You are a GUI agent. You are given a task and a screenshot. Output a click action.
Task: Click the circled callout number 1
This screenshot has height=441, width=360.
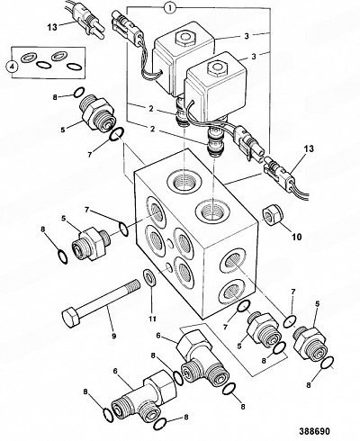pos(170,8)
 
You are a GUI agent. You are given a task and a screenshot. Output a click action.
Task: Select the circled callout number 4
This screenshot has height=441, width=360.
pos(13,67)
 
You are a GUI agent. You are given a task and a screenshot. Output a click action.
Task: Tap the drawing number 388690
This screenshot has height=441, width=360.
pos(314,431)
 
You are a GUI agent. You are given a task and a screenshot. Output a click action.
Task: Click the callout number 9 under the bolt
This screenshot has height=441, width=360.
pos(113,336)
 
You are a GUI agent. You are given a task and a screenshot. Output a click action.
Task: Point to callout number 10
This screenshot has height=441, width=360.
pos(296,237)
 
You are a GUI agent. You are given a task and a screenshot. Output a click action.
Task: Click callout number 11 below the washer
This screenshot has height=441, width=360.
pos(152,319)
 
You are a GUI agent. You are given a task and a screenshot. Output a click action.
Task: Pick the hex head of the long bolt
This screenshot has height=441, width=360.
pos(71,319)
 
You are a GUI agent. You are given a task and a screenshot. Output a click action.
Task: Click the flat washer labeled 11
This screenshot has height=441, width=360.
pos(149,278)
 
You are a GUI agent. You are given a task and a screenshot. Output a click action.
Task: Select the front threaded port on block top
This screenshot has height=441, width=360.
pos(213,213)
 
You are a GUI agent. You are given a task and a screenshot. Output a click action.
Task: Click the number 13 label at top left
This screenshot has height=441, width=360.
pos(52,27)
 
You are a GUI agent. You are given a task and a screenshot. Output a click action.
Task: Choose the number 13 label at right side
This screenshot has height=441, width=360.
pos(310,148)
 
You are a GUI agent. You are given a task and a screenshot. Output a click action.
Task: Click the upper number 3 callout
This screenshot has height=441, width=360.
pos(247,36)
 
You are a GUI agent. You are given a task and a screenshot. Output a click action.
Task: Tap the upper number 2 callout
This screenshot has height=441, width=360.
pos(152,109)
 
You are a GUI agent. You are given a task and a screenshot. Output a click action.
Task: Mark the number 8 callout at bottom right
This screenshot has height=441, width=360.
pos(309,384)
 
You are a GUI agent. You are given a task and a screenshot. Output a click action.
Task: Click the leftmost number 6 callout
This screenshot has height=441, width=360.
pos(115,371)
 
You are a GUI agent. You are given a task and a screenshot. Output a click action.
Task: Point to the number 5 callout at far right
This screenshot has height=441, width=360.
pos(317,303)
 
